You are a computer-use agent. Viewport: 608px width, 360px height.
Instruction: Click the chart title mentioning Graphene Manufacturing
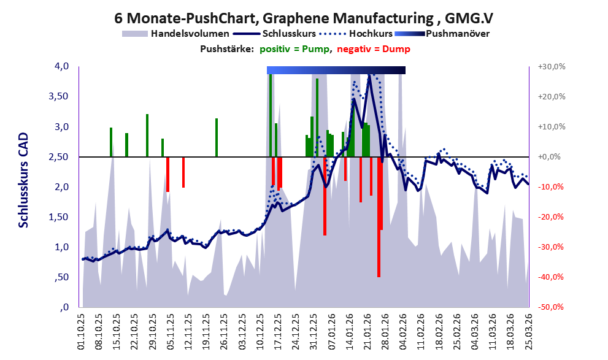[x=304, y=18]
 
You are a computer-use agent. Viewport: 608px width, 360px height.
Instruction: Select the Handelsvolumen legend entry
[x=175, y=34]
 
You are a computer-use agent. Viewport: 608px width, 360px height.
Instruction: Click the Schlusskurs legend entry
[x=274, y=34]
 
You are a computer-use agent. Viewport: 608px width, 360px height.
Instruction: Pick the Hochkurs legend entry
[x=356, y=34]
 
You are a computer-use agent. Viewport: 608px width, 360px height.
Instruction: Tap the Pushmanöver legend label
[x=458, y=34]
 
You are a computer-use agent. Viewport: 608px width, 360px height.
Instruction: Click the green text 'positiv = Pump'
[x=294, y=49]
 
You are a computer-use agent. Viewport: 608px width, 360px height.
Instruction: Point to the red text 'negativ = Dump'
[x=374, y=49]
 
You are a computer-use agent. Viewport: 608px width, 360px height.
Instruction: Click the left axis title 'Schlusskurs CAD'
[x=24, y=180]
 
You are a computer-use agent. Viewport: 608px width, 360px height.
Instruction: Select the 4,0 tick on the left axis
[x=61, y=66]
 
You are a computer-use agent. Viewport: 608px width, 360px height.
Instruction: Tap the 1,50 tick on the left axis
[x=58, y=217]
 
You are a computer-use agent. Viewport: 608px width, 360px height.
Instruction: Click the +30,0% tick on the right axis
[x=552, y=67]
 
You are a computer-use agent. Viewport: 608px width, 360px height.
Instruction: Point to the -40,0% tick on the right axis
[x=550, y=277]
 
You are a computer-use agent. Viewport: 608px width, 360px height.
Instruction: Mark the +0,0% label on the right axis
[x=550, y=157]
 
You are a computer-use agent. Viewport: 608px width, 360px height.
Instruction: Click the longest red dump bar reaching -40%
[x=379, y=217]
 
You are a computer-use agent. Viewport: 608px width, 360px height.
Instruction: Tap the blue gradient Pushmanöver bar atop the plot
[x=336, y=70]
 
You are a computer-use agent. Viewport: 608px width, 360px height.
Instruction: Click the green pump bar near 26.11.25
[x=217, y=137]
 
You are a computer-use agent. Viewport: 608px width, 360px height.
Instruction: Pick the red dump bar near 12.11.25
[x=183, y=172]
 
